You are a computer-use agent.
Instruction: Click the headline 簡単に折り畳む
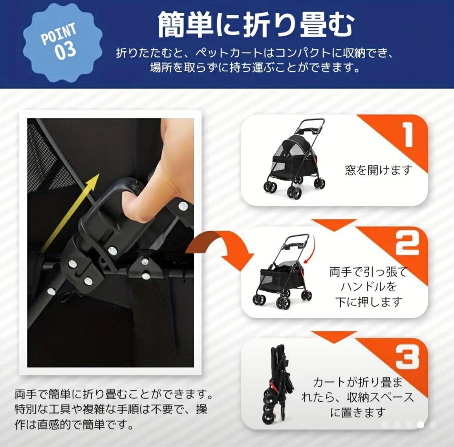click(x=256, y=25)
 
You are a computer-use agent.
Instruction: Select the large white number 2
click(x=407, y=245)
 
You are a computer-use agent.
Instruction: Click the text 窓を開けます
click(x=379, y=170)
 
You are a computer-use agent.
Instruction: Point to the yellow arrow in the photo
click(x=69, y=212)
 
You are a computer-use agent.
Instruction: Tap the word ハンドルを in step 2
click(x=369, y=287)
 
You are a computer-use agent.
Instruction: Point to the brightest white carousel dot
click(x=421, y=424)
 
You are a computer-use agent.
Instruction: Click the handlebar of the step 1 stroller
click(x=312, y=124)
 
